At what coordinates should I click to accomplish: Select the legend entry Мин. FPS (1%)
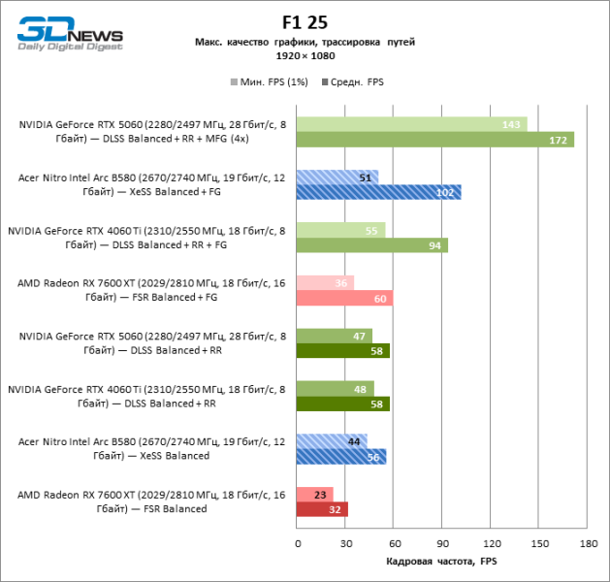pos(270,82)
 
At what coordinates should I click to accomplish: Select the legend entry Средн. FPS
pos(354,82)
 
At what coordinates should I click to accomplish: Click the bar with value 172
pos(435,140)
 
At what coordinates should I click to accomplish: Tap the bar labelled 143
pos(412,124)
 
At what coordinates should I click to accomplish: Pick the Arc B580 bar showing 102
pos(379,192)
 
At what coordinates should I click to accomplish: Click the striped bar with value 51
pos(337,178)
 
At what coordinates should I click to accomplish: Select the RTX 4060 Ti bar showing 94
pos(372,245)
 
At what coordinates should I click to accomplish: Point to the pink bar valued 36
pos(326,283)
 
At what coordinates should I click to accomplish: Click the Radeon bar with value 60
pos(345,298)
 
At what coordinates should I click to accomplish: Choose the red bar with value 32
pos(323,509)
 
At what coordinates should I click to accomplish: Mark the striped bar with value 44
pos(333,441)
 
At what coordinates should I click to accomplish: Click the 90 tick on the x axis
pos(442,543)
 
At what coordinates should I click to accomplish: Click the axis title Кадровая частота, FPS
pos(441,562)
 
